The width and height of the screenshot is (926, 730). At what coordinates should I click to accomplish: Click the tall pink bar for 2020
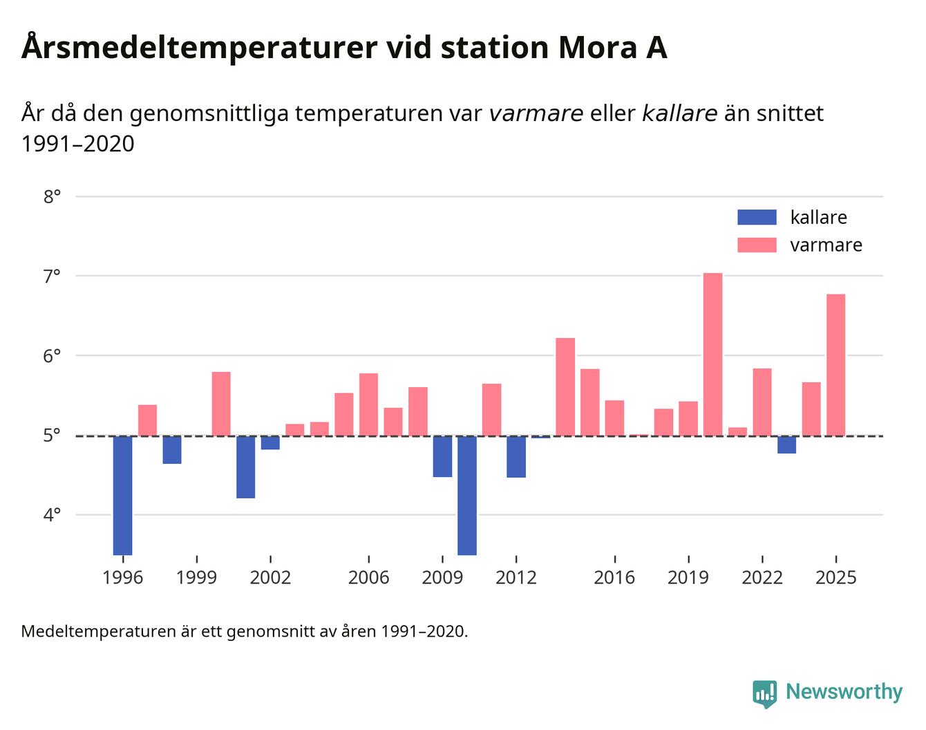[712, 354]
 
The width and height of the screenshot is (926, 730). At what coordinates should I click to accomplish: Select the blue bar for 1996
[122, 495]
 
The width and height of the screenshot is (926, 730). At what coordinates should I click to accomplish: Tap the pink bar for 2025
[835, 365]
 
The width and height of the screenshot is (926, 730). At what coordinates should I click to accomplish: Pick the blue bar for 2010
[467, 495]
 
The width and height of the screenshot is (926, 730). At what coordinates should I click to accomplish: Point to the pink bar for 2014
[565, 387]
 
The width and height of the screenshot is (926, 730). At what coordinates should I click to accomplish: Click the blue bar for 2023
[786, 444]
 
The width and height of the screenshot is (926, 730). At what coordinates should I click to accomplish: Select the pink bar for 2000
[221, 404]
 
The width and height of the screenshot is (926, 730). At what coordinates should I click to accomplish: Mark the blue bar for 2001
[245, 467]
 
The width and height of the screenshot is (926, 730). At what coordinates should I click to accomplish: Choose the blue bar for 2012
[516, 456]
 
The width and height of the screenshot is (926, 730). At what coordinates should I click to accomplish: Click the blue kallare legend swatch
[757, 217]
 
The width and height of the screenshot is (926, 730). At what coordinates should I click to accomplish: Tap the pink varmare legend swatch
[757, 245]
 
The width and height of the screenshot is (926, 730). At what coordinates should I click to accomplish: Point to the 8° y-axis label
[52, 197]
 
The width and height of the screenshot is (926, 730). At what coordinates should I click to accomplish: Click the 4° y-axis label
[52, 515]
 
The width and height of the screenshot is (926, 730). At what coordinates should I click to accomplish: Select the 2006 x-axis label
[368, 577]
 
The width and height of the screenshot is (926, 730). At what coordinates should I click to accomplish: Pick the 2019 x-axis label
[688, 577]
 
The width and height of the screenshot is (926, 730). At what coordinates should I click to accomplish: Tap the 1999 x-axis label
[196, 577]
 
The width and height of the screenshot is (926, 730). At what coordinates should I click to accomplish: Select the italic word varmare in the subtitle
[536, 113]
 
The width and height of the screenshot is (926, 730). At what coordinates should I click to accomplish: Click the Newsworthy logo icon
[764, 693]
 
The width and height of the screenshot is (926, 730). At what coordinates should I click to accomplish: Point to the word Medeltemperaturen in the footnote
[99, 631]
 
